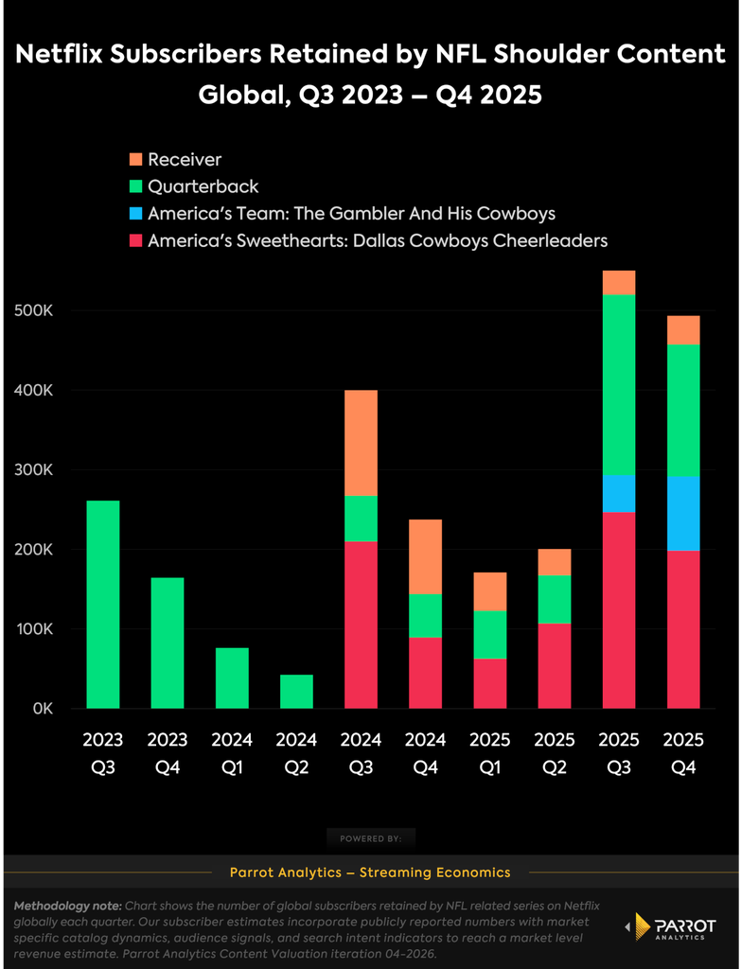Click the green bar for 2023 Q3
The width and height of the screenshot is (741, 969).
click(x=103, y=605)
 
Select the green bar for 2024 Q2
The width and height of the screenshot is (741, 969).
click(x=296, y=692)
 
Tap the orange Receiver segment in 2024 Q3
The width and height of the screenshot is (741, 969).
click(x=361, y=443)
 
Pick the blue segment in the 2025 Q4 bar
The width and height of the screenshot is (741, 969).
click(x=683, y=514)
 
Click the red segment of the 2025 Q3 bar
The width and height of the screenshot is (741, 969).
click(x=619, y=610)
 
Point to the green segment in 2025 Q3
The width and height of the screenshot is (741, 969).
click(x=619, y=385)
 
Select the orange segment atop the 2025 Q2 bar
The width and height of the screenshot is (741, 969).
click(x=555, y=562)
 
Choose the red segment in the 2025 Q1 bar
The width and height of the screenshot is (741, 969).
click(x=490, y=684)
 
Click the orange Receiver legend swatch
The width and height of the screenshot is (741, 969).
click(x=135, y=159)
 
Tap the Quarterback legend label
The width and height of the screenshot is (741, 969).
click(x=203, y=186)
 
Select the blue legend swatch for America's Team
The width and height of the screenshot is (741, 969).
click(x=135, y=214)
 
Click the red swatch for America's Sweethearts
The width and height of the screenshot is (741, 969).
click(x=135, y=241)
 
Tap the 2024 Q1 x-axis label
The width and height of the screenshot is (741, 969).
click(x=233, y=753)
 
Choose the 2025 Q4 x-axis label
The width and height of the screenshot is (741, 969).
click(x=683, y=753)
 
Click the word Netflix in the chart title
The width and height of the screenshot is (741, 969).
click(x=63, y=54)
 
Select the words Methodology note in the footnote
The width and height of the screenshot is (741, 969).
click(x=68, y=907)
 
